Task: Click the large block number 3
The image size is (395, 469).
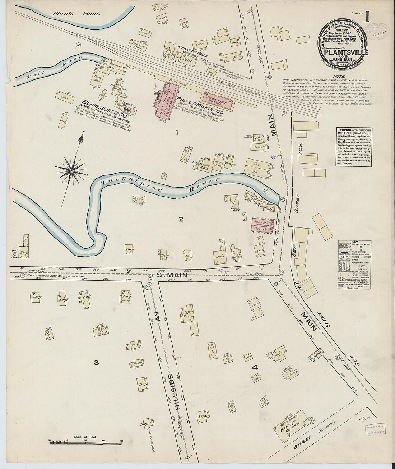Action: [x=96, y=363]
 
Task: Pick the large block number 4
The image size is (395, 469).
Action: [x=255, y=367]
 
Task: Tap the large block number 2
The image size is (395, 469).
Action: [x=181, y=219]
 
